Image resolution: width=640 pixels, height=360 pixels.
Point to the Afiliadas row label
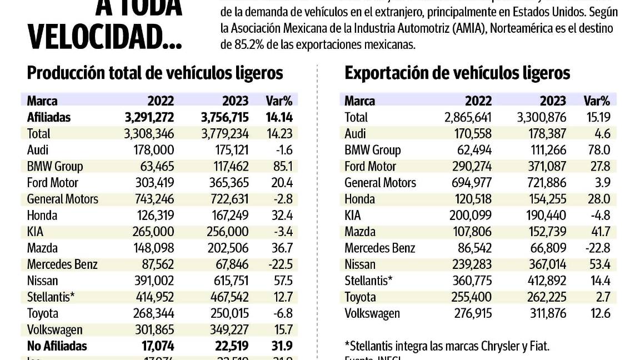coord(49,117)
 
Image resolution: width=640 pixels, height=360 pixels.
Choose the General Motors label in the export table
coord(380,183)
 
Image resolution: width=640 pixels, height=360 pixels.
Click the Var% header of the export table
coord(597,101)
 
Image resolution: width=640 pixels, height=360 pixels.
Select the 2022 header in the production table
coord(161,101)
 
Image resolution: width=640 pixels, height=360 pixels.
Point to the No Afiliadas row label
coord(57,346)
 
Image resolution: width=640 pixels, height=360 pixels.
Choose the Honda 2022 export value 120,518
coord(471,199)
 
